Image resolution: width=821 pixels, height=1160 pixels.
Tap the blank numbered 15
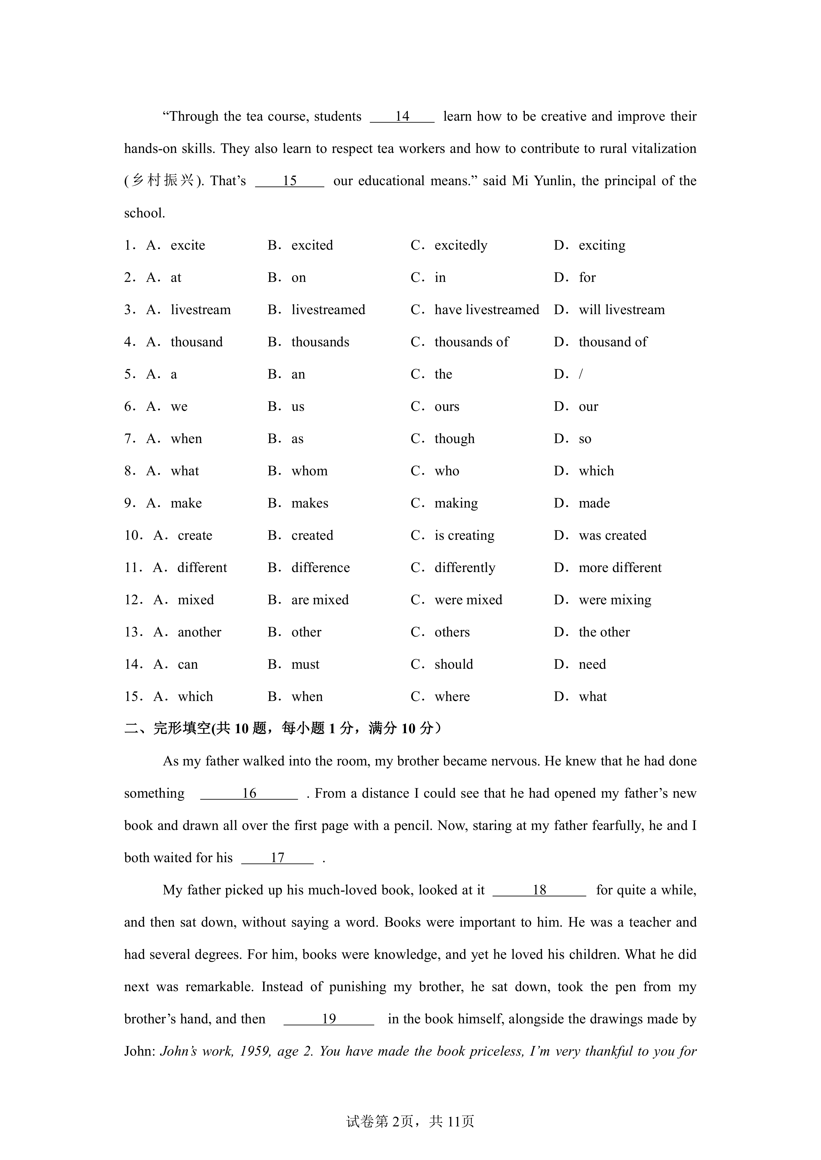tap(289, 181)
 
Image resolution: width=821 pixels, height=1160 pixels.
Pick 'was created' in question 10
tap(612, 536)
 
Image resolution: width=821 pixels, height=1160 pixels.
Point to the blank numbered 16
tap(249, 794)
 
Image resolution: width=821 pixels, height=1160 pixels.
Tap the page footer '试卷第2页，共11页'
tap(410, 1136)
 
